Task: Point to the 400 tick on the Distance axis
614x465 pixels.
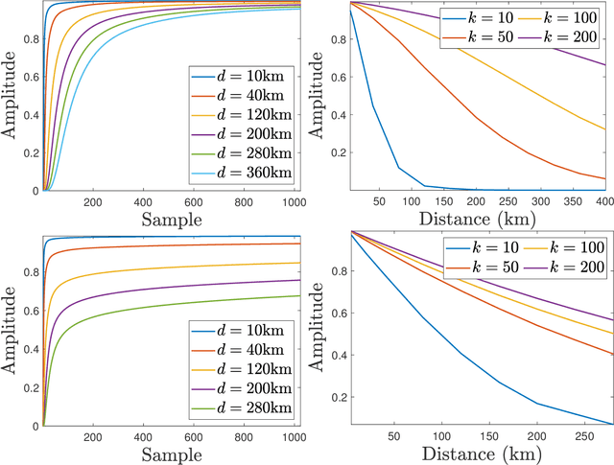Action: (602, 202)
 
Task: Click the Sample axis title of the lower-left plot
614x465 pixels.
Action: (171, 453)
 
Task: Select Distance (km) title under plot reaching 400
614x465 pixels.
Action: (477, 220)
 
